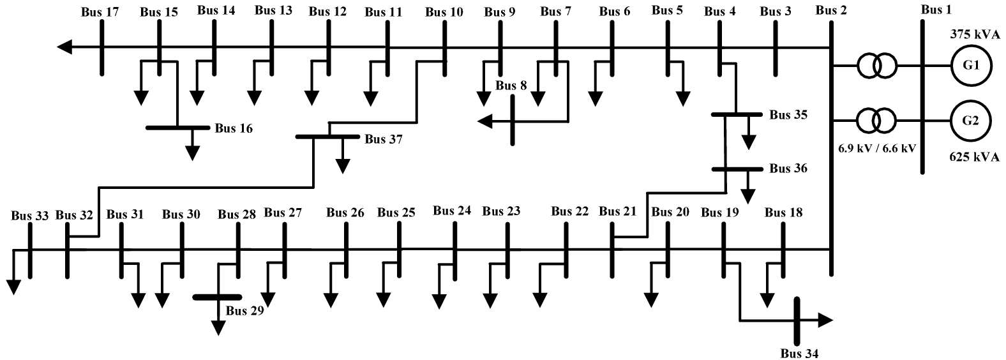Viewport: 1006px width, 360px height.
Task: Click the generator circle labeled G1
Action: (971, 66)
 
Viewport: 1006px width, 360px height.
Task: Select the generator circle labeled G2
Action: (971, 120)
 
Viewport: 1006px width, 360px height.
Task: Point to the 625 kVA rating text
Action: (973, 157)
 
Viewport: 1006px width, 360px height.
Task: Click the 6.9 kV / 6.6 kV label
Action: (876, 148)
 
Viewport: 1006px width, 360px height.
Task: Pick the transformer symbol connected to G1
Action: (876, 66)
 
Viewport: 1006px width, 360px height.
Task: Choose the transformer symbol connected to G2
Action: (876, 120)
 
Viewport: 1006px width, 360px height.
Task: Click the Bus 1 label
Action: (936, 9)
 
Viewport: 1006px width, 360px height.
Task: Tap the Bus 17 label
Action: (100, 11)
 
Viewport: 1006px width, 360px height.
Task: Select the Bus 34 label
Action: (799, 354)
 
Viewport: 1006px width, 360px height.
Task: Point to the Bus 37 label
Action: (384, 139)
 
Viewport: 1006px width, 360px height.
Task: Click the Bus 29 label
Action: (244, 311)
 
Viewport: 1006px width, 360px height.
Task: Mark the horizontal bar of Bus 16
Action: (178, 128)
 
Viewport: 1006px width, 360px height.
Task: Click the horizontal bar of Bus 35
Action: (737, 114)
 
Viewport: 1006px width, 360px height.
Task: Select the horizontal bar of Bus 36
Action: (737, 169)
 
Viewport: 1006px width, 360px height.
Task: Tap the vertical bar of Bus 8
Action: (513, 121)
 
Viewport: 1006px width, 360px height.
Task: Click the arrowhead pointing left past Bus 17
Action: (64, 47)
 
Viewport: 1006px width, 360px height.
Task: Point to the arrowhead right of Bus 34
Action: (825, 320)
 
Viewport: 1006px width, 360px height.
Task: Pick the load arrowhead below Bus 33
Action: (13, 287)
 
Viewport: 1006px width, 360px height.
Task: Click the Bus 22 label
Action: (569, 211)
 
